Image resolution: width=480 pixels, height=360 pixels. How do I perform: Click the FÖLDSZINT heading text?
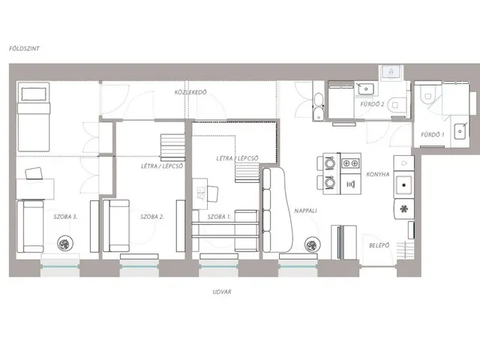[x=24, y=48]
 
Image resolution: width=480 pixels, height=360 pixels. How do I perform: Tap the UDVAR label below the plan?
[x=222, y=292]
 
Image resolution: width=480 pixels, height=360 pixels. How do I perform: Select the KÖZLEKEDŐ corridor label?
[x=190, y=92]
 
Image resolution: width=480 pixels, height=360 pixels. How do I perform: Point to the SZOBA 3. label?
[x=65, y=217]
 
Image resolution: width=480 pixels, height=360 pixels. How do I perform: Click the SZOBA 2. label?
[x=152, y=217]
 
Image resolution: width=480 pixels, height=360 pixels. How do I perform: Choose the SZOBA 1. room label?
[x=219, y=217]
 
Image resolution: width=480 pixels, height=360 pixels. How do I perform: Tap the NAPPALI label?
[x=305, y=211]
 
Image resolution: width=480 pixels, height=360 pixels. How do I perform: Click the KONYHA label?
[x=378, y=174]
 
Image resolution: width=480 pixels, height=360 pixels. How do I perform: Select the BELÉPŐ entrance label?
[x=379, y=245]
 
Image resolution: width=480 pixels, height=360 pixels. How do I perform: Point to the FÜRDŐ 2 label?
[x=372, y=104]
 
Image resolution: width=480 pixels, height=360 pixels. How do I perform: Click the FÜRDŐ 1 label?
[x=432, y=134]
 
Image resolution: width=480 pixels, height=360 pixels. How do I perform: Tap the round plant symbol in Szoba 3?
[x=65, y=244]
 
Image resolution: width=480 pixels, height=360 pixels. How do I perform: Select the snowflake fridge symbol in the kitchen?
[x=404, y=208]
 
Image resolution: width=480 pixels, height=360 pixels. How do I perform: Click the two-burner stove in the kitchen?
[x=350, y=163]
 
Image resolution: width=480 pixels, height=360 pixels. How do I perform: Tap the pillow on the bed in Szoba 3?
[x=34, y=94]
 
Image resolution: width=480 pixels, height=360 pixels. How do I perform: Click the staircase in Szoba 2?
[x=173, y=148]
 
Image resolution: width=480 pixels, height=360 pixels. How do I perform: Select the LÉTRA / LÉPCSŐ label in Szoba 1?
[x=237, y=158]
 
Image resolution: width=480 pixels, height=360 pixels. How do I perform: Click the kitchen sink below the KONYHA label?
[x=404, y=185]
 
